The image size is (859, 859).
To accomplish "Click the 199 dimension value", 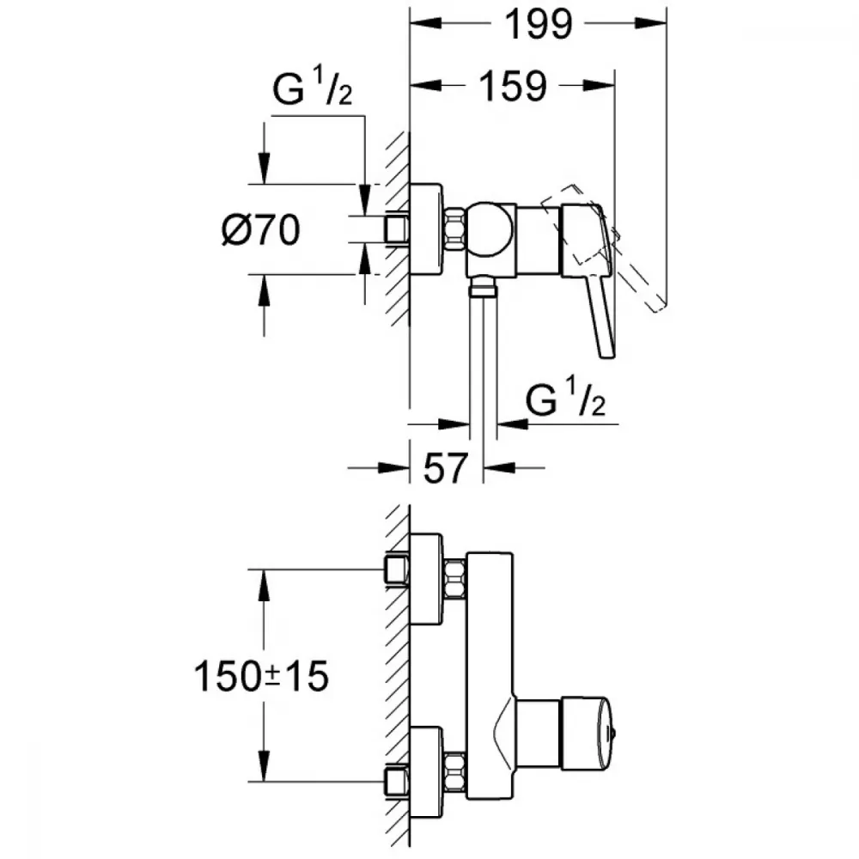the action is pos(538,25).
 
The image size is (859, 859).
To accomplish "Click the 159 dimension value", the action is pos(513,86).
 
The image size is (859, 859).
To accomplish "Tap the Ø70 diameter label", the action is pos(261,229).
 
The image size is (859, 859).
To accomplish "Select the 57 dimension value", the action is pos(445,468).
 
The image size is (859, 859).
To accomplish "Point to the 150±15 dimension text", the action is pos(261,675).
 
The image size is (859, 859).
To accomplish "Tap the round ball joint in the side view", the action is pos(490,229).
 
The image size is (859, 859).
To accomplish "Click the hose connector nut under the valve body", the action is pos(483,286).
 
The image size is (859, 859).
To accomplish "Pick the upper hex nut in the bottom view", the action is pos(454,578).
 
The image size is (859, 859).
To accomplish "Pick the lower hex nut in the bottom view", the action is pos(454,771).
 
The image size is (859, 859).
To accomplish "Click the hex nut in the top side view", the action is pos(454,229).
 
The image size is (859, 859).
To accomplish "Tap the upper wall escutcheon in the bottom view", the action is pos(426,578).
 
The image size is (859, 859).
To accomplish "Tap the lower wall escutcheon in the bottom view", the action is pos(426,772).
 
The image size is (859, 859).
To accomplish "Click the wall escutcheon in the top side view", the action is pos(426,229).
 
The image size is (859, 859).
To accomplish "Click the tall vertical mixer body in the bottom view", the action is pos(490,675).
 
